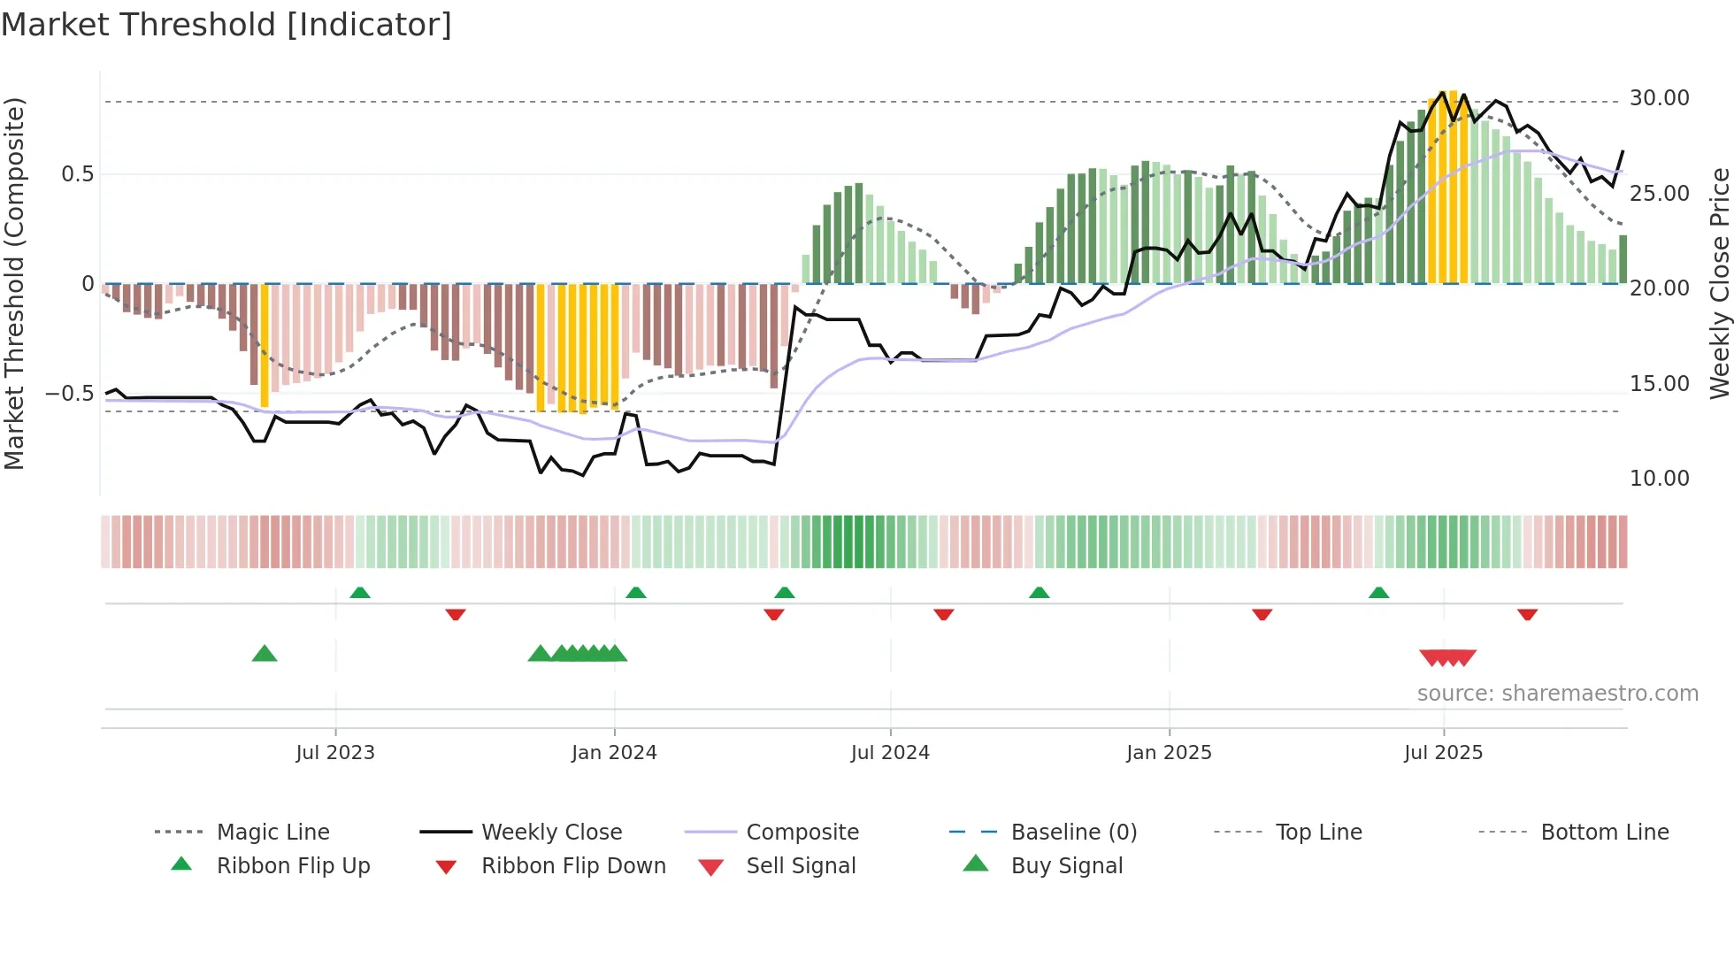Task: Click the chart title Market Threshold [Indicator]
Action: pos(226,25)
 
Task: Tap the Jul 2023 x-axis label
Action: pos(335,753)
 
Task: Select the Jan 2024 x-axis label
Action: pos(614,753)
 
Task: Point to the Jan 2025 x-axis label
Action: pos(1169,753)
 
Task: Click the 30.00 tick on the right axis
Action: pos(1659,98)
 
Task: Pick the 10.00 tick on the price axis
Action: pos(1659,479)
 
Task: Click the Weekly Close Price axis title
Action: pos(1719,283)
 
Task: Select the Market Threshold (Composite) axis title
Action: pos(14,283)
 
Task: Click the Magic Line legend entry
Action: pos(272,833)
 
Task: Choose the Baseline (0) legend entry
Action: pos(1073,833)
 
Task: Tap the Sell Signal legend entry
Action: pos(801,866)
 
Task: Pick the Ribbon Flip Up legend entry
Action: pos(293,866)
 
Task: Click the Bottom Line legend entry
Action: pos(1604,833)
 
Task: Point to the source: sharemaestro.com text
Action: pos(1557,694)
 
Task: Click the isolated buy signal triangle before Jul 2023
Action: pos(265,654)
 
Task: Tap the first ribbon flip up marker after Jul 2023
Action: pos(360,593)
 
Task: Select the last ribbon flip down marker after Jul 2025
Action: pos(1527,614)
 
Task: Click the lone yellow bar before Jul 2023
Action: pos(265,345)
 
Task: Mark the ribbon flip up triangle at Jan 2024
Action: pos(636,593)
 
